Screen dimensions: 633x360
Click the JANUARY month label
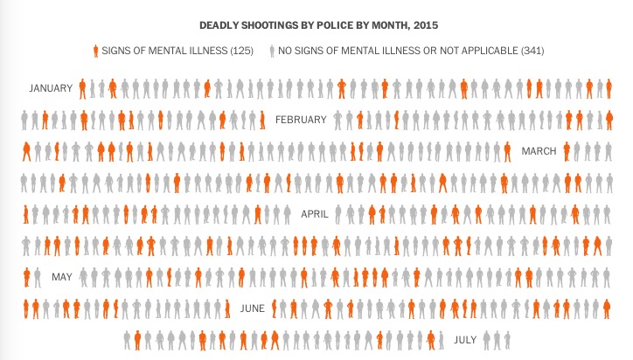pos(51,88)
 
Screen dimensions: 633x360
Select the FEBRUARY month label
pos(301,120)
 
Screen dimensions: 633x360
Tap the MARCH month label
pos(539,151)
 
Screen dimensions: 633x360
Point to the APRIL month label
pos(315,214)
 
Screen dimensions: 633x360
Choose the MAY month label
pos(62,277)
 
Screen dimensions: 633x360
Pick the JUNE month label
pos(253,308)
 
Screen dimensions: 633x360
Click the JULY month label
pos(465,340)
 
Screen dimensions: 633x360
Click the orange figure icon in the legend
pos(95,51)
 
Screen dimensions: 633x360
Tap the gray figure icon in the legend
pos(272,51)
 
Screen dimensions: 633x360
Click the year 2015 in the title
pos(426,25)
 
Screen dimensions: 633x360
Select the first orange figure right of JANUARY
pos(82,89)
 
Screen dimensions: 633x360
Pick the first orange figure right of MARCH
pos(567,152)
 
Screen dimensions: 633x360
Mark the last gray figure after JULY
pos(507,341)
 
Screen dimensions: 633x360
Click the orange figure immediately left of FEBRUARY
pos(262,121)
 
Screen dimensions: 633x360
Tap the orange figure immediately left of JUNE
pos(227,309)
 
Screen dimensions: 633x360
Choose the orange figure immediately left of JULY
pos(431,341)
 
